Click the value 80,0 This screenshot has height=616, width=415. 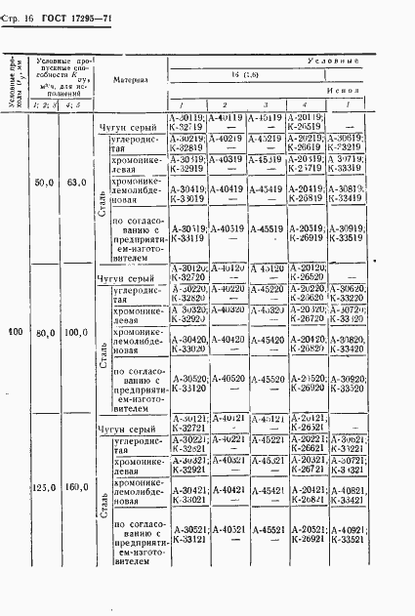[44, 332]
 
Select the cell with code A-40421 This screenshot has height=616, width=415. [226, 489]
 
